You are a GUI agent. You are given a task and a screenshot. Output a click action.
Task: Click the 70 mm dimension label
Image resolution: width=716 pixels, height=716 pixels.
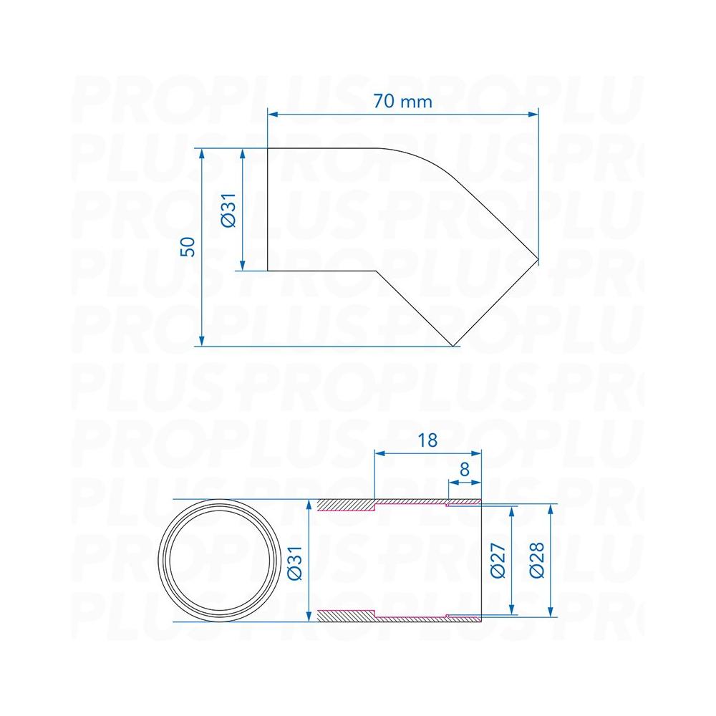tap(402, 102)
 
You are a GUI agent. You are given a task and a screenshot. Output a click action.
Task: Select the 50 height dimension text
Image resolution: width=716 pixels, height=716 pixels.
tap(188, 247)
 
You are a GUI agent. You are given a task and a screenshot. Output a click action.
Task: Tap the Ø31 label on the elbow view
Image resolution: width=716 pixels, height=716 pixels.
tap(229, 210)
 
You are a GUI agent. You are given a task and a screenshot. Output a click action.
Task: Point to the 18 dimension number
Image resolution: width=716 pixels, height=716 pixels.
tap(427, 440)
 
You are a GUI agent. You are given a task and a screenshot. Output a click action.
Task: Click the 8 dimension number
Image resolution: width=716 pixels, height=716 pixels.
tap(465, 469)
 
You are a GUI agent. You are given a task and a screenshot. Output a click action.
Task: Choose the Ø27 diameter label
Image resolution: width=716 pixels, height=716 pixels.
tap(498, 561)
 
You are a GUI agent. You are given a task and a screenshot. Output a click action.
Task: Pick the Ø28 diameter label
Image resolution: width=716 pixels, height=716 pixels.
tap(537, 561)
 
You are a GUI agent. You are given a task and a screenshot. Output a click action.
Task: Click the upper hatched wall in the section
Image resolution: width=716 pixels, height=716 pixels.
tap(346, 505)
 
